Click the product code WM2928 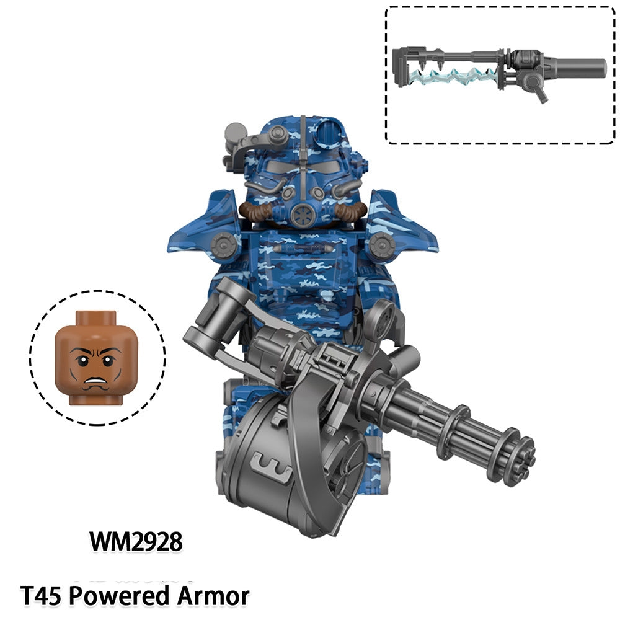tap(136, 541)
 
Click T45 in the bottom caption tap(42, 596)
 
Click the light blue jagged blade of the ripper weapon tap(451, 75)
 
